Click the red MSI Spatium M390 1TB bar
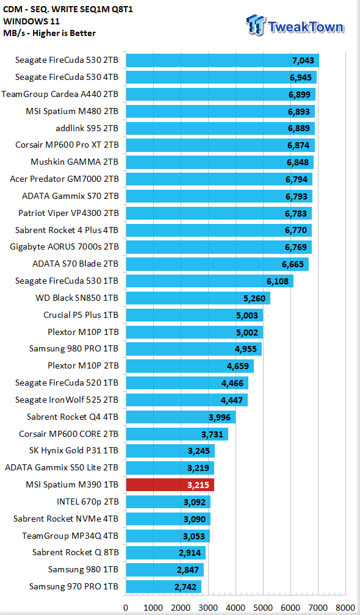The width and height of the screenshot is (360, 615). [x=170, y=485]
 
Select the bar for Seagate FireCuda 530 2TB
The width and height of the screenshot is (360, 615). [x=222, y=60]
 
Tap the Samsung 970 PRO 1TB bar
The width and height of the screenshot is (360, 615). [x=164, y=587]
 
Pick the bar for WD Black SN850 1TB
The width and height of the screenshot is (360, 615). [x=198, y=298]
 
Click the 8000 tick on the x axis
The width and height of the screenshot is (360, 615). [x=345, y=608]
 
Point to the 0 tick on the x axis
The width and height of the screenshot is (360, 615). [x=126, y=608]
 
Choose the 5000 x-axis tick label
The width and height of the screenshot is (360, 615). [x=263, y=608]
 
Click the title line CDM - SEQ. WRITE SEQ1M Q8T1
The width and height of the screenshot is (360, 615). [x=68, y=10]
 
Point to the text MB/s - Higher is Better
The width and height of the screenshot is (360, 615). [x=49, y=33]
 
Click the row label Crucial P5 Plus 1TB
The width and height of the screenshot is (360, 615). [x=81, y=315]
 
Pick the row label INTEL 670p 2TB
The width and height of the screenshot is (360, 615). [x=87, y=502]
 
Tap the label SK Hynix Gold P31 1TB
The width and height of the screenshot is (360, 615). [x=74, y=451]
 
